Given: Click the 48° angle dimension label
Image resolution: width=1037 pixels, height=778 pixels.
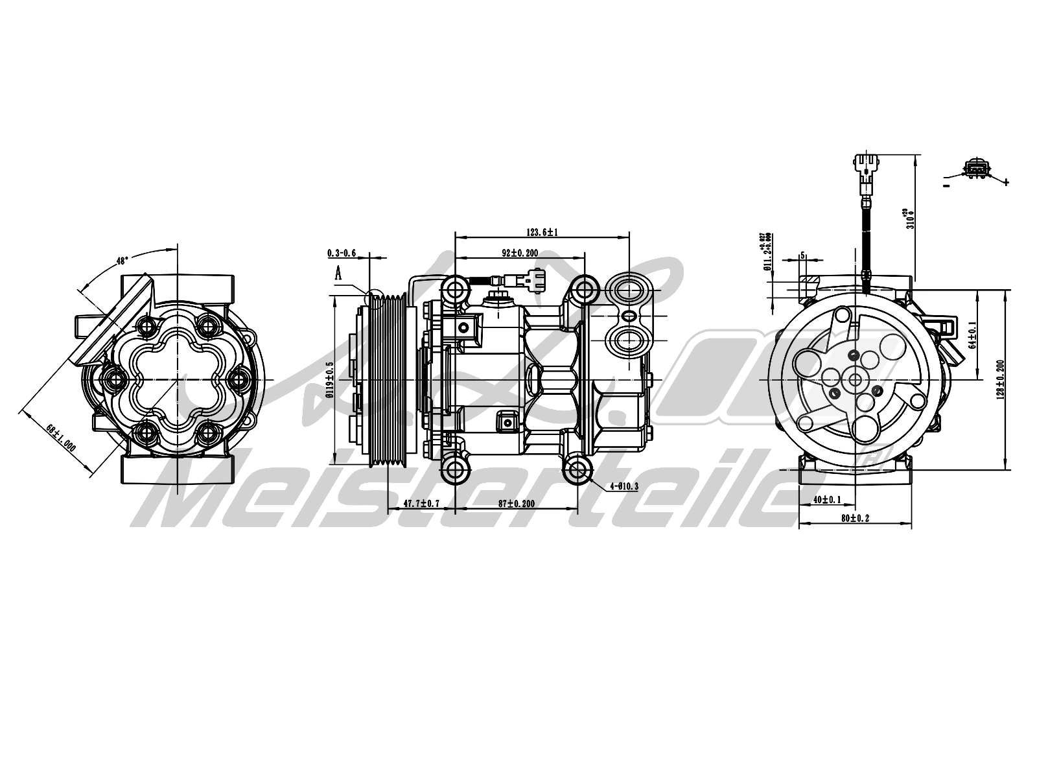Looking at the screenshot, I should coord(122,261).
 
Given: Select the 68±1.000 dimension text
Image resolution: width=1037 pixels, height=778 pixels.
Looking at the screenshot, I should coord(62,439).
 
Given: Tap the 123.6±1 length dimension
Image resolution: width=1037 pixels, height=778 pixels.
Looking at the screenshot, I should coord(542,231).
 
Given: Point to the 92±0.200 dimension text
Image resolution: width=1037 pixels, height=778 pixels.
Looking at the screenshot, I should coord(520,253).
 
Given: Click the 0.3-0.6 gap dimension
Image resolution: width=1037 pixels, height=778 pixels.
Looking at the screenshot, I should coord(342,253).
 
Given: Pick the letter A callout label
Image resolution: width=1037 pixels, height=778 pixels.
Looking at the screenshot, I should coord(338,273).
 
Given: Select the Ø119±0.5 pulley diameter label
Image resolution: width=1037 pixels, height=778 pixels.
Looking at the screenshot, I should coord(329,379).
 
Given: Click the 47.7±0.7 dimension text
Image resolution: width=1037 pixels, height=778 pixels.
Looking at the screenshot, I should coord(421,503).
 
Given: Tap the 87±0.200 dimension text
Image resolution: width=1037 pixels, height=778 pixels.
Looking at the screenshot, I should coord(517,503).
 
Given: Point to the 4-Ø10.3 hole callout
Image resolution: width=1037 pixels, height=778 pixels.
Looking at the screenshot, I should coord(624,486).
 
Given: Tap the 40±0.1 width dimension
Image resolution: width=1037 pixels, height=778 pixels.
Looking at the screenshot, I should coord(827,499).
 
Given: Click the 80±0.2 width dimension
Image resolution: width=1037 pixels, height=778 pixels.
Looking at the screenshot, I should coord(855,518).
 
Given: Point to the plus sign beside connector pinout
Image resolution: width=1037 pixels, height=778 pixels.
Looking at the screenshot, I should coord(1006,182).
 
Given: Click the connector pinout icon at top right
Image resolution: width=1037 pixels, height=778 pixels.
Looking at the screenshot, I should coord(977,169).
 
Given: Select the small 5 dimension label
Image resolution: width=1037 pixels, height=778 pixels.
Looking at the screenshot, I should coord(803,255).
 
